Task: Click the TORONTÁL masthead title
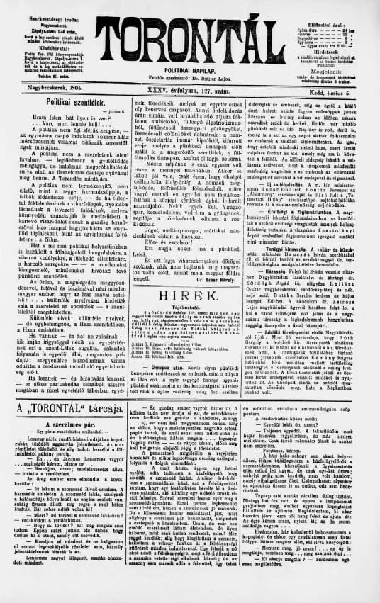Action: click(189, 37)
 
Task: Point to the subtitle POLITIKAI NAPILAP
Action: click(189, 72)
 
